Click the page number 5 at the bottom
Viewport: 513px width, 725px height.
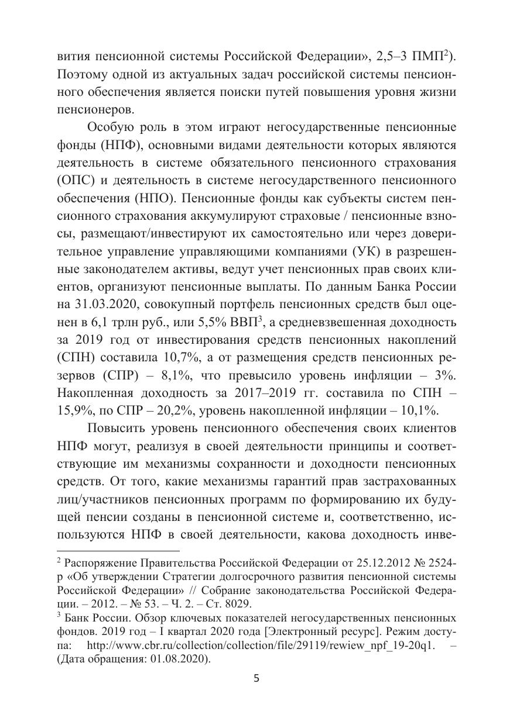point(256,678)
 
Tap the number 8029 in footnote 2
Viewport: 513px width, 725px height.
point(241,604)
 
